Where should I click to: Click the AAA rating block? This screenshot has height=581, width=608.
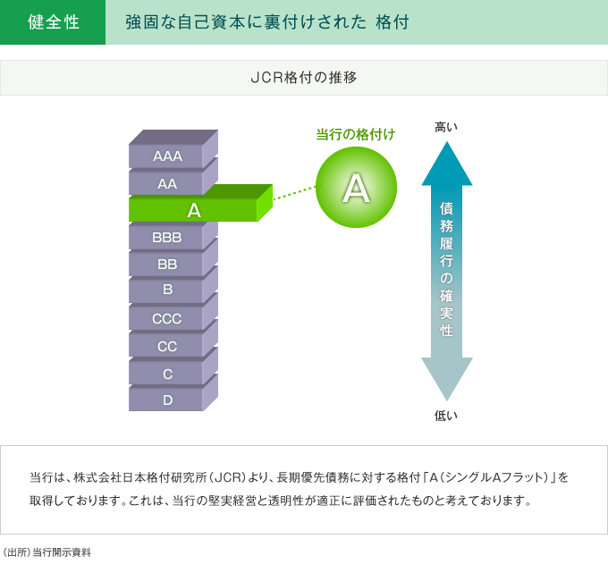coord(167,156)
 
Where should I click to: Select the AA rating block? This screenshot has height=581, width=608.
coord(167,183)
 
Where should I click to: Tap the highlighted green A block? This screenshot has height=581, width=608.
coord(193,210)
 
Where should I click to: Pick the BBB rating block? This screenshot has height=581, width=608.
coord(167,237)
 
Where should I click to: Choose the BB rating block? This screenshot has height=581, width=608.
coord(167,265)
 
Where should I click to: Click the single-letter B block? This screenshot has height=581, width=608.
coord(167,290)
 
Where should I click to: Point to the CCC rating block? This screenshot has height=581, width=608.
coord(167,319)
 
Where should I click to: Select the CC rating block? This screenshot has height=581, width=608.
coord(167,346)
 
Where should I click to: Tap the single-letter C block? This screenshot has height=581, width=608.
coord(167,374)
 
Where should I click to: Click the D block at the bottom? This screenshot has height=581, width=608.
coord(167,400)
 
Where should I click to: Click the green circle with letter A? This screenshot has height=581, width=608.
coord(356,188)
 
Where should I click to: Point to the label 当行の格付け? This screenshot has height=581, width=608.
coord(356,134)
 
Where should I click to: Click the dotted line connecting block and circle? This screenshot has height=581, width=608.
coord(294,193)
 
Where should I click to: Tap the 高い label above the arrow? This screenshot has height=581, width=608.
coord(446,127)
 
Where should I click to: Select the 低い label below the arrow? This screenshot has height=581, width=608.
coord(446,415)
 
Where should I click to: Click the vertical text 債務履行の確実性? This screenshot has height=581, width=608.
coord(446,268)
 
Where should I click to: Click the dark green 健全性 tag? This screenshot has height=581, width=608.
coord(53,22)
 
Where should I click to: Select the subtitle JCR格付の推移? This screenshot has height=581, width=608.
coord(303,77)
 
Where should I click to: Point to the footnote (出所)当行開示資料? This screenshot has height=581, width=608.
coord(46,552)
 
